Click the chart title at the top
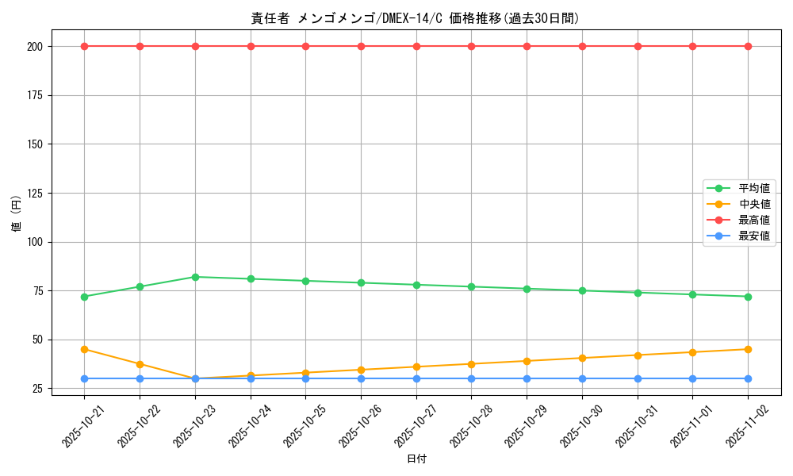tap(416, 18)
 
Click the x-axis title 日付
tap(416, 459)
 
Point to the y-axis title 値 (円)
tap(17, 214)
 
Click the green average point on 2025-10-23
tap(195, 277)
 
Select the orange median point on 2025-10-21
tap(84, 349)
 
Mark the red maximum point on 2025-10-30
tap(582, 46)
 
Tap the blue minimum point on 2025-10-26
tap(361, 378)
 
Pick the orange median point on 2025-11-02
tap(748, 349)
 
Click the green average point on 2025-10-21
tap(84, 297)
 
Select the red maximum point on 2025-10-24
tap(251, 46)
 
